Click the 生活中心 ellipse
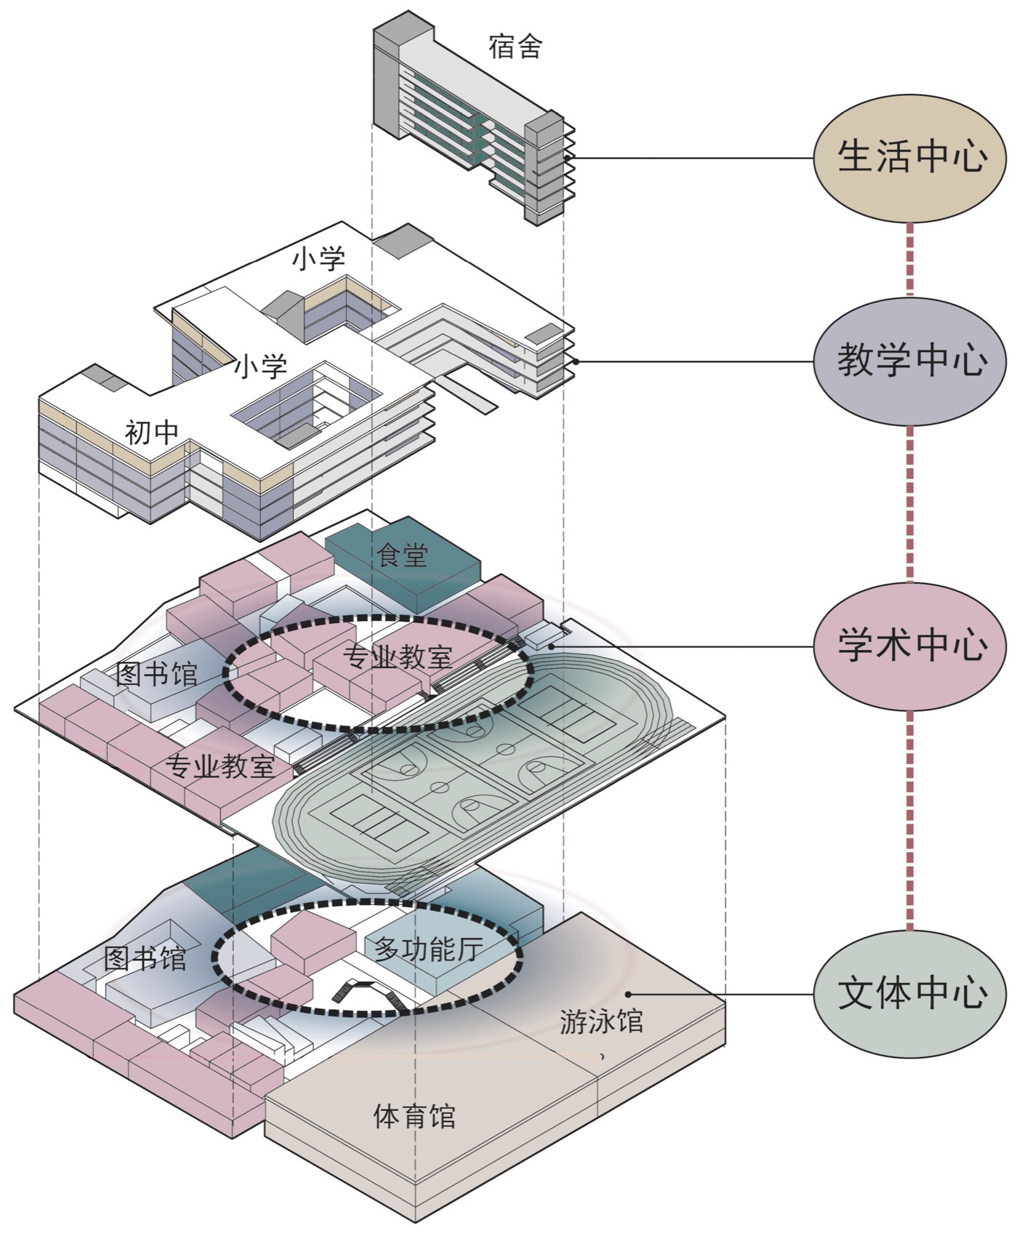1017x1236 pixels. pyautogui.click(x=911, y=157)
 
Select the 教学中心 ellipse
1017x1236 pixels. pyautogui.click(x=911, y=361)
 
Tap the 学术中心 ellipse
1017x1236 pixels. pyautogui.click(x=911, y=646)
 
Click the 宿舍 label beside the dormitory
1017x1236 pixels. pyautogui.click(x=515, y=47)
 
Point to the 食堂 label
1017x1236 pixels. pyautogui.click(x=402, y=555)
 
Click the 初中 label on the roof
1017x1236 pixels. pyautogui.click(x=152, y=433)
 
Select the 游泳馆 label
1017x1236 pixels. pyautogui.click(x=601, y=1022)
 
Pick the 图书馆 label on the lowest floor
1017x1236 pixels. pyautogui.click(x=145, y=959)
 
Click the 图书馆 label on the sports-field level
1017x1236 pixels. pyautogui.click(x=156, y=674)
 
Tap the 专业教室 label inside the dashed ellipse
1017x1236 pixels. pyautogui.click(x=397, y=657)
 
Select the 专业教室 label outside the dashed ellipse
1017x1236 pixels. pyautogui.click(x=220, y=766)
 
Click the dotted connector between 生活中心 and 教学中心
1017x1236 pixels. pyautogui.click(x=909, y=259)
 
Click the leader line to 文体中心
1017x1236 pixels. pyautogui.click(x=720, y=994)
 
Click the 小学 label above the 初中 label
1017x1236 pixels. pyautogui.click(x=260, y=366)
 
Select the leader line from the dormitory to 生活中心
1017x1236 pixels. pyautogui.click(x=691, y=158)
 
